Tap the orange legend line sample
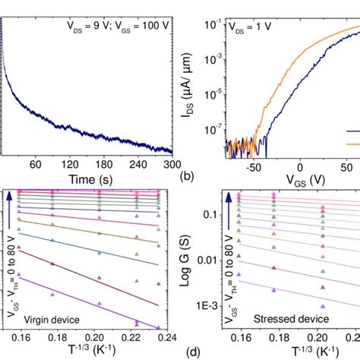[352, 143]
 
